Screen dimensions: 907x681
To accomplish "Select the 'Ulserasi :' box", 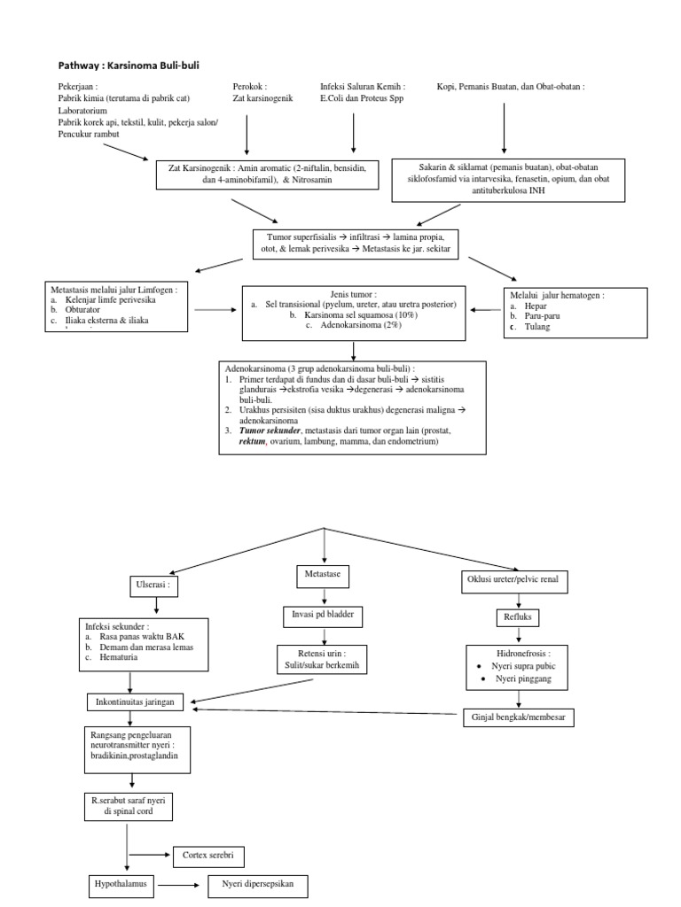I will [156, 585].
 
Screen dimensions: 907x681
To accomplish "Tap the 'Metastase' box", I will [322, 577].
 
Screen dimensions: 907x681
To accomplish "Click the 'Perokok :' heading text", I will [251, 87].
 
